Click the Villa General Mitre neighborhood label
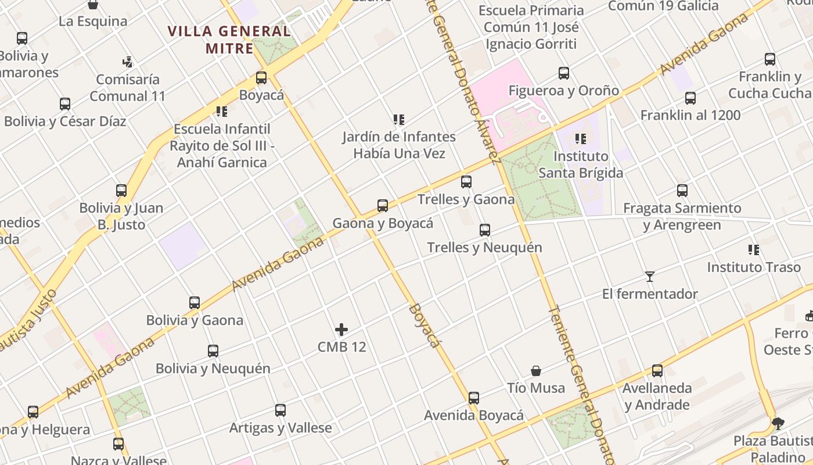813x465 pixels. [x=229, y=39]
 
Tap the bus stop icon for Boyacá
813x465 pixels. [x=261, y=78]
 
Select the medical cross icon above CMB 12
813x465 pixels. [x=341, y=330]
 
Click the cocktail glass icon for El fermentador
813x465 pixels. [x=650, y=277]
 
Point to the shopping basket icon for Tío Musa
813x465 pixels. [x=536, y=371]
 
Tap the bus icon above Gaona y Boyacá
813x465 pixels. [x=383, y=206]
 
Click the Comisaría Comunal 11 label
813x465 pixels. [x=128, y=88]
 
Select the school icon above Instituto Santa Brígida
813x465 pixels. [x=580, y=139]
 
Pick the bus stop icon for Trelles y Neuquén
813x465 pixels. [x=485, y=230]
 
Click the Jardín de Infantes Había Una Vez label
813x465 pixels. [x=399, y=145]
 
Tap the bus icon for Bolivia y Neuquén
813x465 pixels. [x=213, y=351]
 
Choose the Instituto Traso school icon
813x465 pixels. [x=754, y=250]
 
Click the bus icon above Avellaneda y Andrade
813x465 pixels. [x=657, y=371]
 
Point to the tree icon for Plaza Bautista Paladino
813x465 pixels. [x=778, y=423]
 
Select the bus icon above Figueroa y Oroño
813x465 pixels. [x=564, y=73]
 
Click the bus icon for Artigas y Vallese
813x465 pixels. [x=280, y=410]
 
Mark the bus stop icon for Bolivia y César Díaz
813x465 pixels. [x=65, y=104]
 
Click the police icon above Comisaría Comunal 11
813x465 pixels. [x=128, y=62]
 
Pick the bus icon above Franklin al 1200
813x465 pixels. [x=690, y=98]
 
